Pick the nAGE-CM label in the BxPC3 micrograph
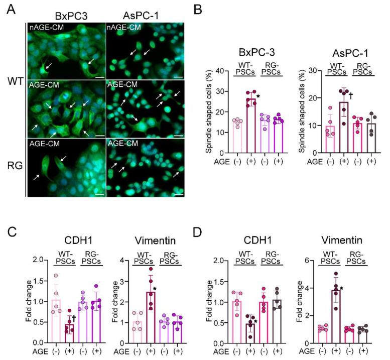pos(44,27)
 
